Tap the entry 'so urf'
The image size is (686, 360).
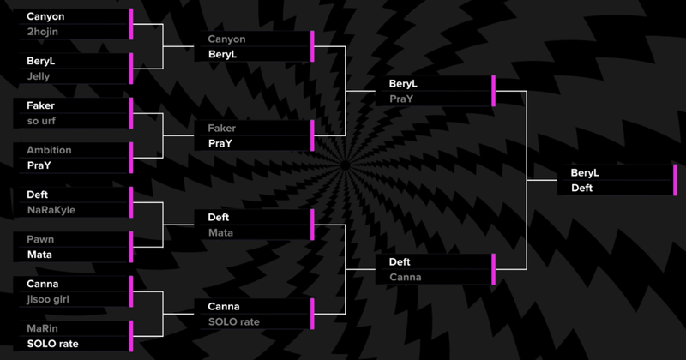click(42, 121)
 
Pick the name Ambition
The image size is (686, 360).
click(49, 150)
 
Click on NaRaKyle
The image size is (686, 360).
click(52, 209)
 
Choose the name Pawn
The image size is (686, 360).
click(40, 239)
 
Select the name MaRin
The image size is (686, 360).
click(44, 328)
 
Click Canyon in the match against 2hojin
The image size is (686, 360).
click(45, 16)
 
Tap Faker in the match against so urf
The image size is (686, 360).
click(40, 105)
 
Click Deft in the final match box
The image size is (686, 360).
click(582, 188)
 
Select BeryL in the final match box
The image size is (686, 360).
click(585, 172)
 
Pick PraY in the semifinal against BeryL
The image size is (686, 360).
click(402, 99)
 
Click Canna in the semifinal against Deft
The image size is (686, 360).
click(405, 277)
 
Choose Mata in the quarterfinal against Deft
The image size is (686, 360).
click(221, 232)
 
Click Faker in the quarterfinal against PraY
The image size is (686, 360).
click(221, 128)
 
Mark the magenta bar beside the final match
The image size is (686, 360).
click(676, 180)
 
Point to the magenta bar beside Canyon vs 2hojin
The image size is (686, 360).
click(131, 24)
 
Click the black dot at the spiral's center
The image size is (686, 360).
click(343, 165)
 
